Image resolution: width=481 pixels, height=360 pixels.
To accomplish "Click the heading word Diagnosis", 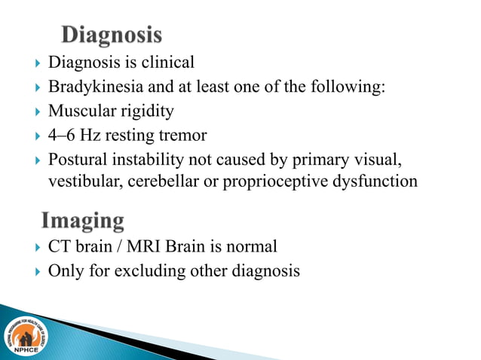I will pyautogui.click(x=111, y=35).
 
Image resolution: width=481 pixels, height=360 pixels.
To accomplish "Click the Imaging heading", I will pyautogui.click(x=83, y=221).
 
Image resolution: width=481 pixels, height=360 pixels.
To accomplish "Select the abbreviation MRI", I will pyautogui.click(x=138, y=246).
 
